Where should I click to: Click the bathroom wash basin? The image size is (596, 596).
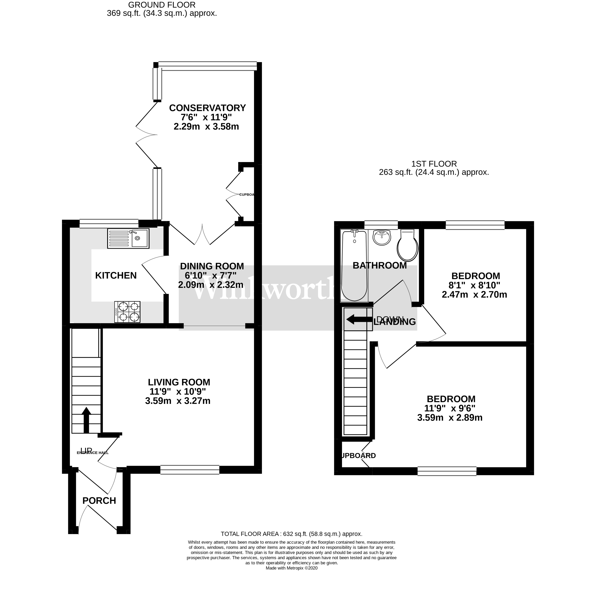click(x=382, y=238)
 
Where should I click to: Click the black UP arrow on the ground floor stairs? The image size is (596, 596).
click(x=86, y=420)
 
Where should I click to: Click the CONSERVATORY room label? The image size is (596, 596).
click(x=207, y=108)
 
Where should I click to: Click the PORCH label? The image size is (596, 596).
click(x=99, y=501)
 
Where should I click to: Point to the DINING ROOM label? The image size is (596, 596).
click(x=212, y=266)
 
